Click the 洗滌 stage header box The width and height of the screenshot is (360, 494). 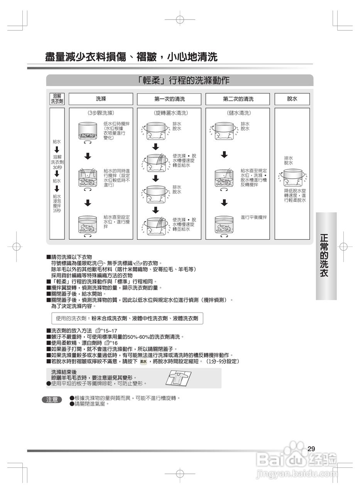pos(101,99)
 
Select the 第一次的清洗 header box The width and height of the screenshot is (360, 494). pos(169,99)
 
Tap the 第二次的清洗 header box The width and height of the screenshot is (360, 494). pos(238,99)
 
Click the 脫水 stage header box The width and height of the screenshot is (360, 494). pos(292,99)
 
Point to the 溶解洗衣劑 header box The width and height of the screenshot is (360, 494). pos(57,99)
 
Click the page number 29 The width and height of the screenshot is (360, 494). pos(311,448)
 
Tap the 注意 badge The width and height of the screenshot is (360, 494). pos(52,400)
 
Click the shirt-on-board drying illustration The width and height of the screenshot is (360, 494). pos(178,378)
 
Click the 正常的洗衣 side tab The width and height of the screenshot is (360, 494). pos(326,255)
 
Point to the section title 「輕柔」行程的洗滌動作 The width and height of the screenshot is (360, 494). pos(180,80)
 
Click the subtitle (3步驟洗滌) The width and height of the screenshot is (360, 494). pos(101,113)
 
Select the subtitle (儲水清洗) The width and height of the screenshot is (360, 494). pos(238,113)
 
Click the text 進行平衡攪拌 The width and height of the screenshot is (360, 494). pos(254,218)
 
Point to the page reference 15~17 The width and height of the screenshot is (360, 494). pos(110,331)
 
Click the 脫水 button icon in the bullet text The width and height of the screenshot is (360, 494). pos(144,362)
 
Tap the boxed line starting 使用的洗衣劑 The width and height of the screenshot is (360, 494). pos(127,318)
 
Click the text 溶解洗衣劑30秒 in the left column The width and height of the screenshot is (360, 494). pos(57,162)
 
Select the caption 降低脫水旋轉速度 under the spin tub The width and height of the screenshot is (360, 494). pos(295,195)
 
